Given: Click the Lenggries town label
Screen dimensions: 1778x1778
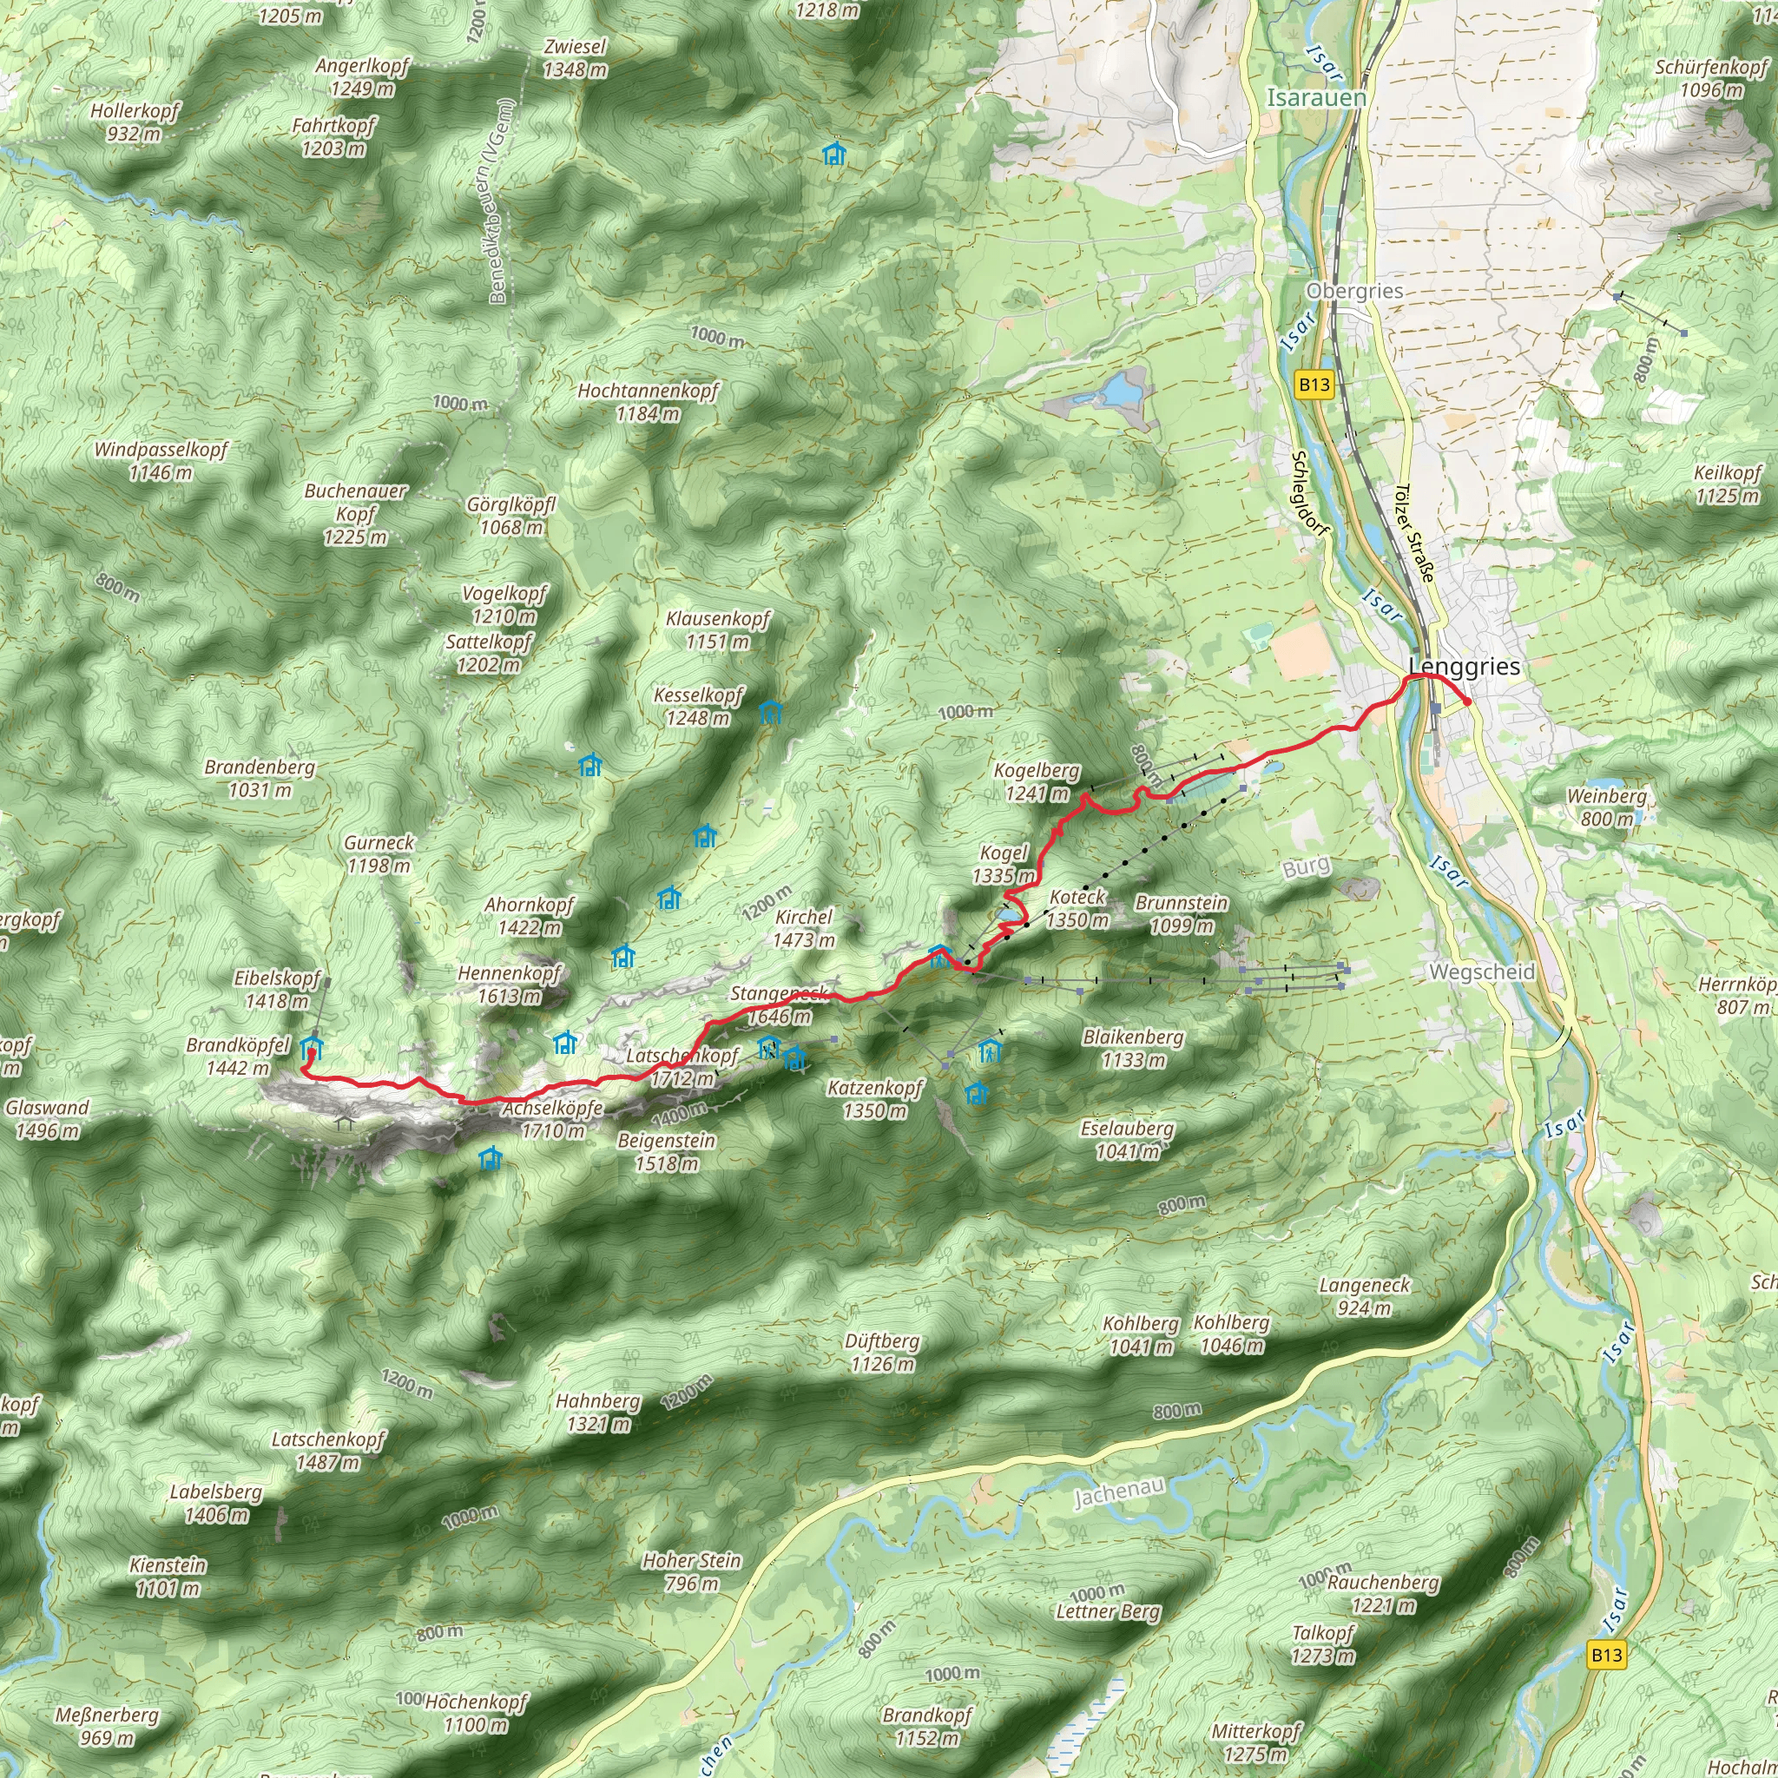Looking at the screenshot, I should pos(1465,666).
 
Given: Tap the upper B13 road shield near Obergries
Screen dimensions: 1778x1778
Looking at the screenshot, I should pos(1314,384).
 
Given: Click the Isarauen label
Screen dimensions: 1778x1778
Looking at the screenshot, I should pos(1316,96).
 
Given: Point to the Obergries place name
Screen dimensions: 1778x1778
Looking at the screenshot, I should pos(1354,291).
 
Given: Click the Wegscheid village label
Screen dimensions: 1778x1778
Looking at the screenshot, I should pos(1482,971).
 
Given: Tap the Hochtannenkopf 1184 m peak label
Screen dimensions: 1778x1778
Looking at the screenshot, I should pos(648,402).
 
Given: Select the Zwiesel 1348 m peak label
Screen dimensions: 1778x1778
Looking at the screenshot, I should pos(576,58).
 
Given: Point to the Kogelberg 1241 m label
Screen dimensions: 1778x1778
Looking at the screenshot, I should pos(1037,781).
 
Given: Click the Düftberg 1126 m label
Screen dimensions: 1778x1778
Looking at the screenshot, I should pos(882,1352).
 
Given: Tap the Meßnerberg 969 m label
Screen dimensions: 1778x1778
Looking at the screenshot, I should pos(107,1726).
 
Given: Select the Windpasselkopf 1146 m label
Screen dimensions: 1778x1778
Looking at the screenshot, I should pos(161,460).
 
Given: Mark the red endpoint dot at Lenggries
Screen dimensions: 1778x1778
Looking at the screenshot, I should pos(1466,702).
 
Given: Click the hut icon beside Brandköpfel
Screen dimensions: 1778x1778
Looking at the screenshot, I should pos(312,1047).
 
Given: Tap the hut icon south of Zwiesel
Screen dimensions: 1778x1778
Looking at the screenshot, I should pos(833,154).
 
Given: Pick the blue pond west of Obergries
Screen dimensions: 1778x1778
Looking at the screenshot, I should pos(1121,392).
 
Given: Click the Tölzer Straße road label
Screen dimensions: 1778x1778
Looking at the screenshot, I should pos(1414,533).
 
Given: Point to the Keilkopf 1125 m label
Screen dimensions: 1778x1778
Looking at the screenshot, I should pos(1728,484).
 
